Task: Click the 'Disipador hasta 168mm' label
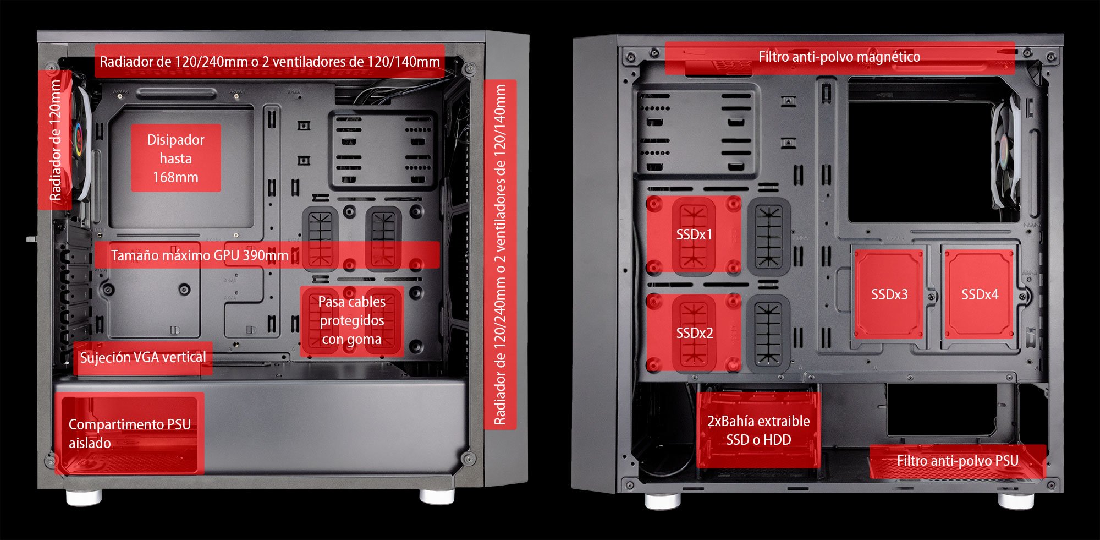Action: click(x=175, y=158)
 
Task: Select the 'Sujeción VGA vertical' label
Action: click(x=143, y=357)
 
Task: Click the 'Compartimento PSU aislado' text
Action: click(x=130, y=434)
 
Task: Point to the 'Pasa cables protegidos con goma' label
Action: click(x=352, y=320)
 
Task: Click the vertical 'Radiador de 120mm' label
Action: click(x=55, y=140)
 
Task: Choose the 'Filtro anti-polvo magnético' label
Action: click(x=839, y=57)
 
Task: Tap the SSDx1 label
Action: click(x=694, y=234)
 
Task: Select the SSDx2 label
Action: click(x=694, y=333)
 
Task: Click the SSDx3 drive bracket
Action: click(x=889, y=294)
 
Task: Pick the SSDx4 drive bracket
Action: click(x=979, y=294)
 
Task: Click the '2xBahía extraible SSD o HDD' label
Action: click(x=758, y=430)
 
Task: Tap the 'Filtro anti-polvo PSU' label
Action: click(x=958, y=461)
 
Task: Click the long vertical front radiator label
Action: click(x=500, y=254)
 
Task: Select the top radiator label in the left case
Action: click(x=269, y=61)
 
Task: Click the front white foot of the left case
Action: click(x=437, y=495)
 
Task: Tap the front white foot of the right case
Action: click(x=662, y=500)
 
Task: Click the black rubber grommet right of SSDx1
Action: click(x=769, y=234)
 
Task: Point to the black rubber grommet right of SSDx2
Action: click(x=769, y=333)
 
